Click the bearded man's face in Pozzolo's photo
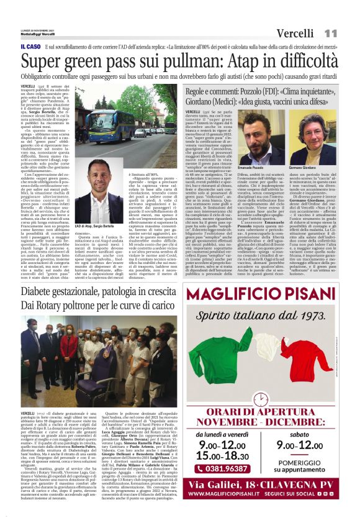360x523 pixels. click(257, 133)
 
